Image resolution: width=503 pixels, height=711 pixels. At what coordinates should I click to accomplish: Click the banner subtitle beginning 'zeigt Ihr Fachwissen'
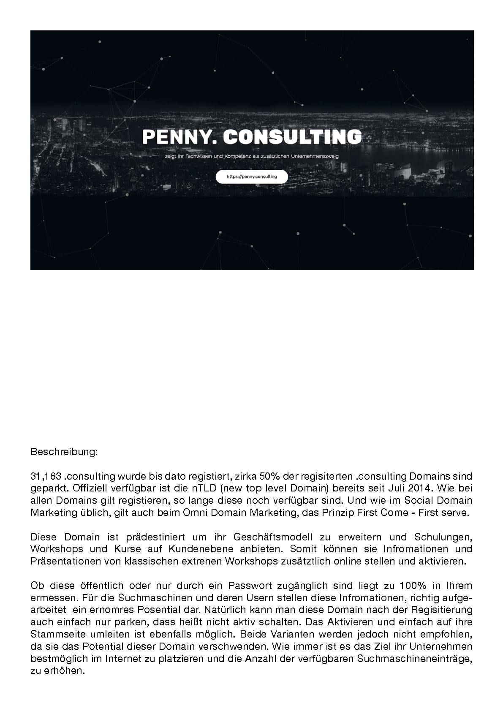(252, 157)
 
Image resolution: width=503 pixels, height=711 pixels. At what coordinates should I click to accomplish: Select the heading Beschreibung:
(64, 452)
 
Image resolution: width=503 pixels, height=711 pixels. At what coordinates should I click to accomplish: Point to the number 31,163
(46, 477)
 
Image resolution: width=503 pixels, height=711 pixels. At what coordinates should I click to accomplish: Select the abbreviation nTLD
(199, 488)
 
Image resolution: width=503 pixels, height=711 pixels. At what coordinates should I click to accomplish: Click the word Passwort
(249, 586)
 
